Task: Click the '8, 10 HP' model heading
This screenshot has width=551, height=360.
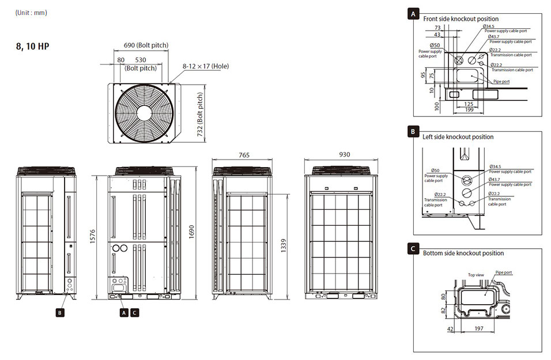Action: point(33,46)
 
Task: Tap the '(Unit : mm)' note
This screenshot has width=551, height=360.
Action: point(31,13)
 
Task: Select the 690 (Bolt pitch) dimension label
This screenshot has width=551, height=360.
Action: point(146,46)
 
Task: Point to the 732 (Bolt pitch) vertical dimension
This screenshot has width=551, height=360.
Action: point(200,114)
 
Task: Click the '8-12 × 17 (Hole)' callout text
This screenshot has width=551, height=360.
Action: point(206,66)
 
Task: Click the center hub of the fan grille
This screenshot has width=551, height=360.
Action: point(144,113)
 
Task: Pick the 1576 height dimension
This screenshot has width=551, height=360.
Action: point(93,236)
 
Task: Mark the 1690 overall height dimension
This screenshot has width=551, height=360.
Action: point(191,232)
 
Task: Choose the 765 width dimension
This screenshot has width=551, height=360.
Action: point(244,155)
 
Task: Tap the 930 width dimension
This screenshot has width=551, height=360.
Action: point(345,154)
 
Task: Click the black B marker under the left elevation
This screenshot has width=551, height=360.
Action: point(60,313)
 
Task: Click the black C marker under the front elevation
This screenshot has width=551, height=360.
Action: point(135,313)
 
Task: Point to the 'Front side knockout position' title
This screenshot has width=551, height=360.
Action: point(461,19)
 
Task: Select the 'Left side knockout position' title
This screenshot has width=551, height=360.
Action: point(458,137)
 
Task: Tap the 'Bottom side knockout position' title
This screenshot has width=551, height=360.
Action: point(463,253)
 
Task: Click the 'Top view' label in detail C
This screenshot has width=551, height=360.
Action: point(476,275)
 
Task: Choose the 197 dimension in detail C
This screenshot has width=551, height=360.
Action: point(479,328)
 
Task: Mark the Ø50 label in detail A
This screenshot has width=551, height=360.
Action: point(435,46)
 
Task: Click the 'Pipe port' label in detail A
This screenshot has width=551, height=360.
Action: point(501,81)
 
